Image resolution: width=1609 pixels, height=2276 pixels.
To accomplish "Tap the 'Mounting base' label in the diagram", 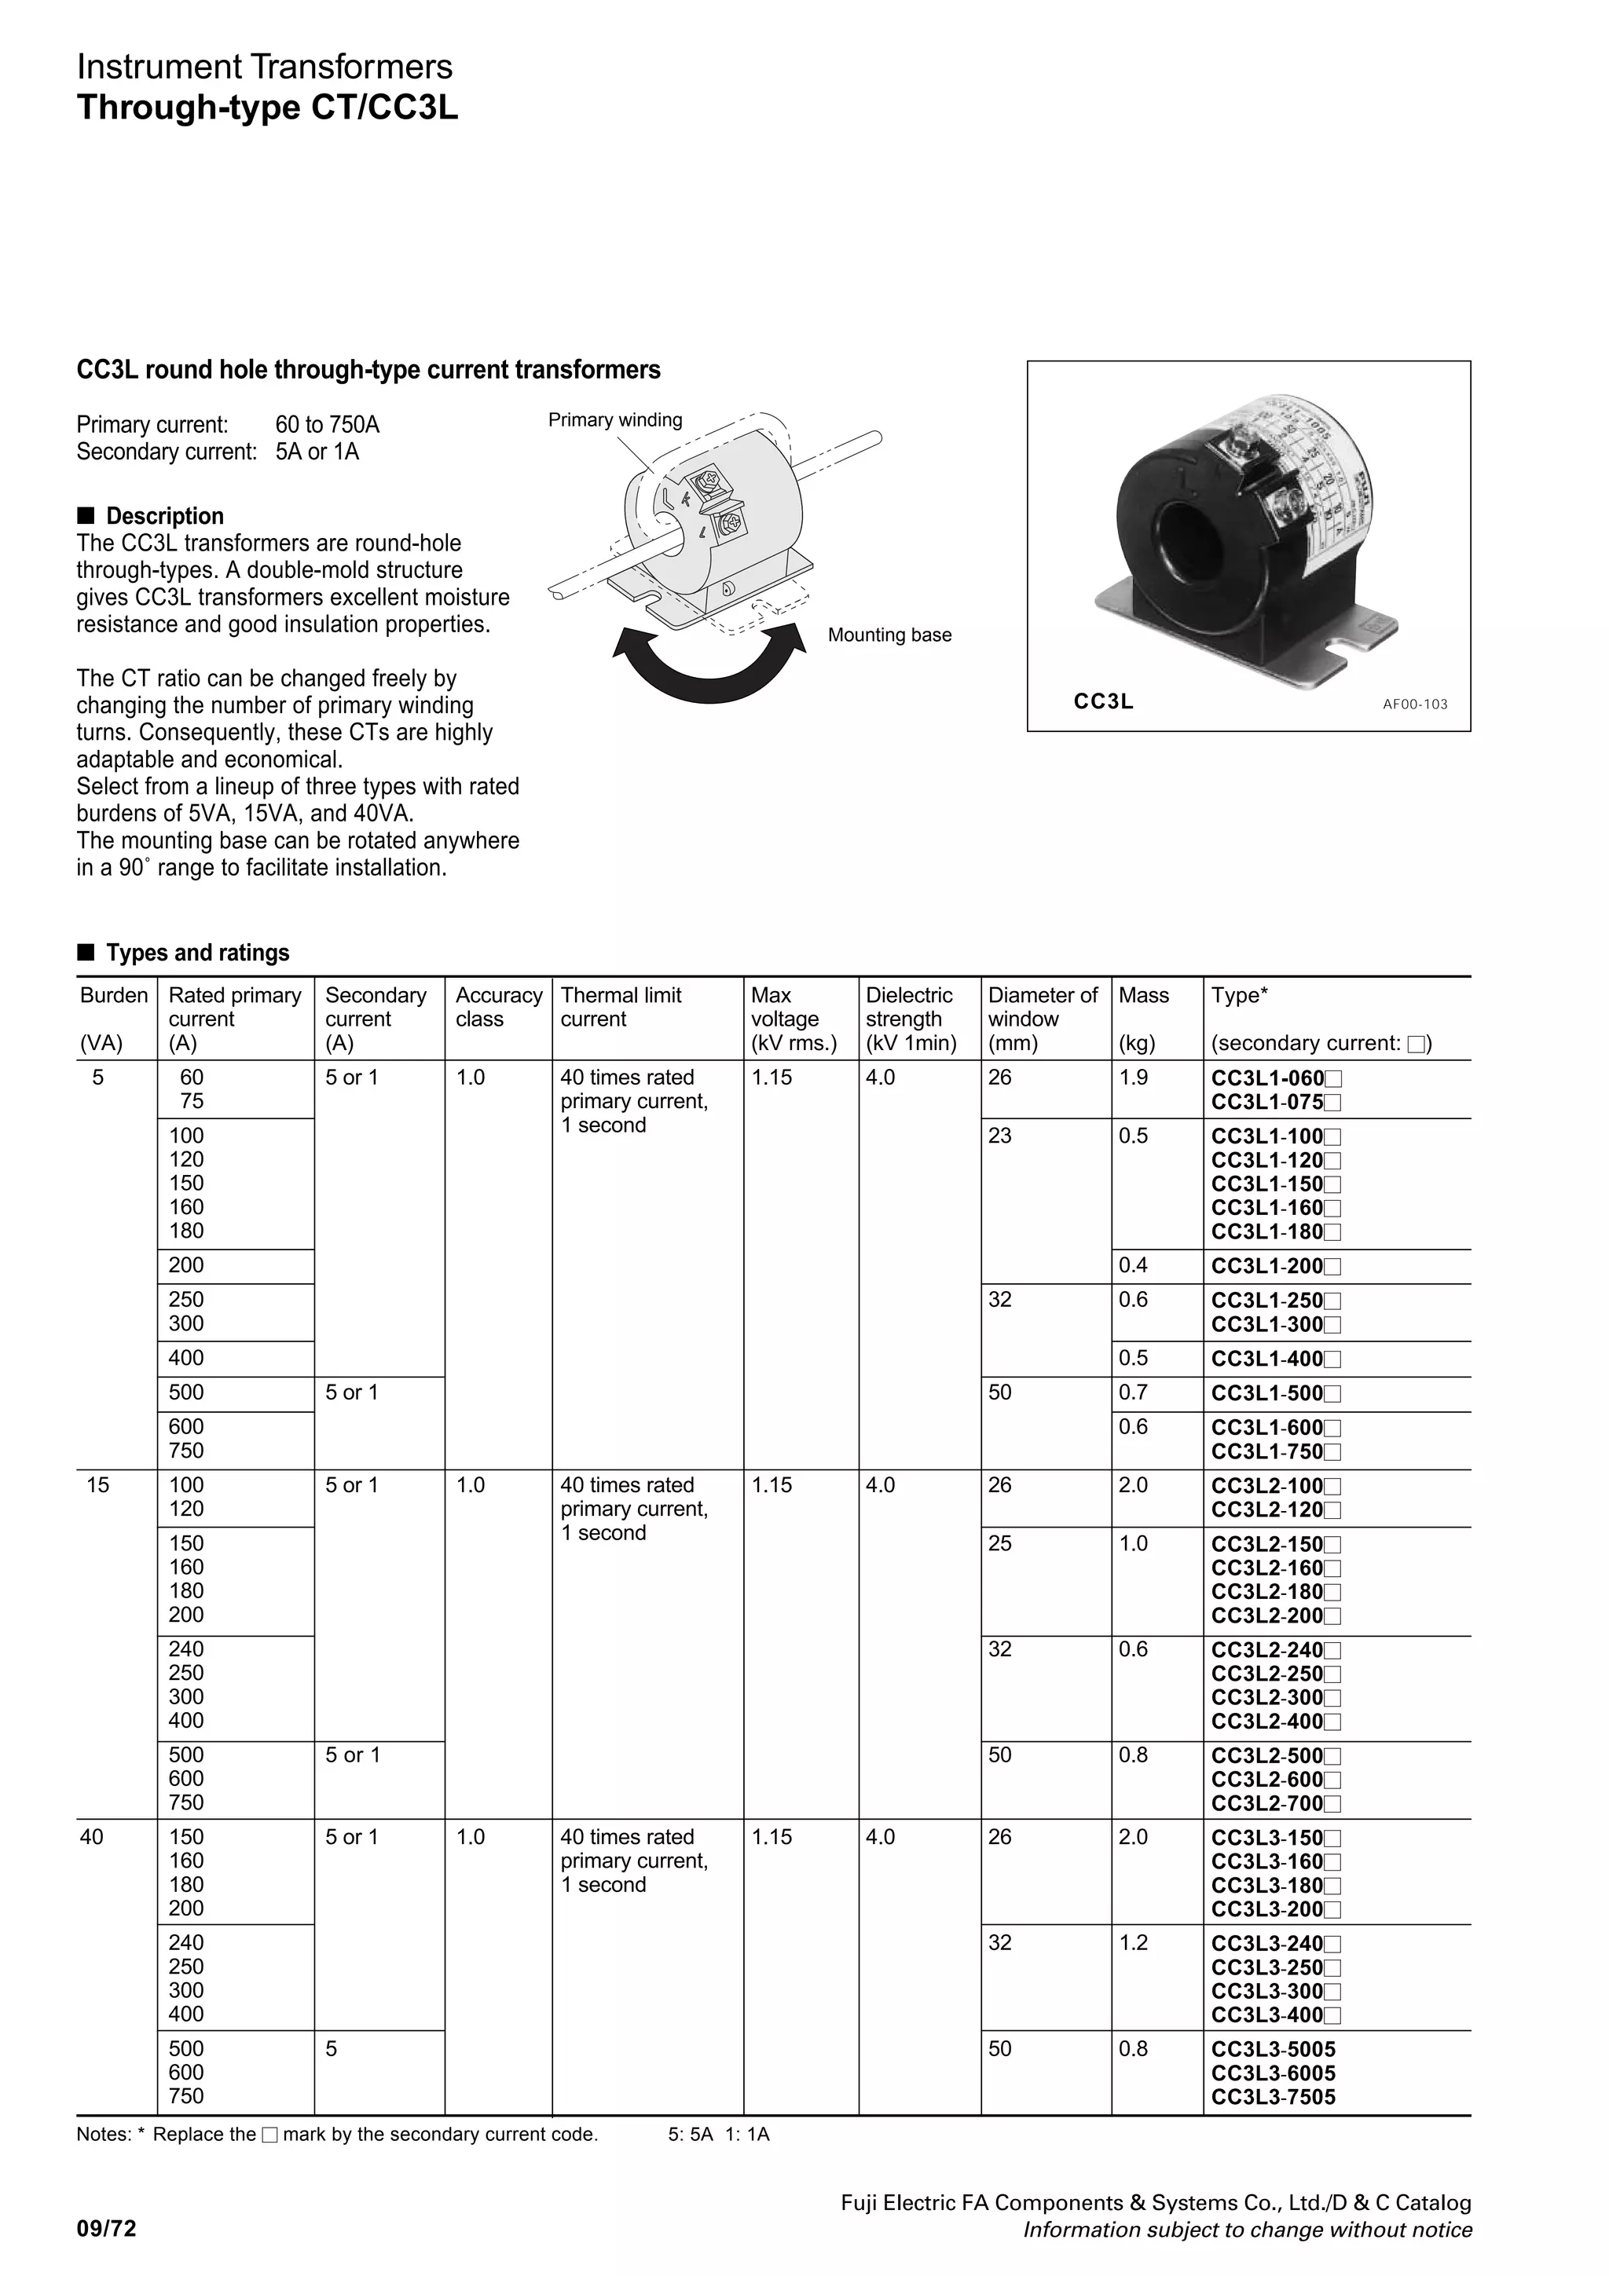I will [x=889, y=635].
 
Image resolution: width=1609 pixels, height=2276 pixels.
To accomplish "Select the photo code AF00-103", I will [x=1415, y=704].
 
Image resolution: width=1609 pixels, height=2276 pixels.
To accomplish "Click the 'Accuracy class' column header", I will [x=499, y=1007].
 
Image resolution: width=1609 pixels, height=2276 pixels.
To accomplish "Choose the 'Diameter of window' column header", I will [x=1043, y=1007].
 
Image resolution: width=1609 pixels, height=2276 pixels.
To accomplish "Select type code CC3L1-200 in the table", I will [x=1268, y=1266].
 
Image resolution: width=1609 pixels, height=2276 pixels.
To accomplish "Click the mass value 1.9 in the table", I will [x=1133, y=1078].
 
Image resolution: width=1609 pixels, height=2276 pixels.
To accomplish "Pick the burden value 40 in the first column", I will [x=91, y=1837].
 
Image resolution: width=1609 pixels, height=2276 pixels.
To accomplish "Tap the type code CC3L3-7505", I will [x=1273, y=2097].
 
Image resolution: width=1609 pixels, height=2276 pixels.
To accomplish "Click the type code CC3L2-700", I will [x=1268, y=1803].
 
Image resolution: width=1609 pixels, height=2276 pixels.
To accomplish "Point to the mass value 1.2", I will [x=1133, y=1942].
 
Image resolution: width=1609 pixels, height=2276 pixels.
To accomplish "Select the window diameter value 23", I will [x=999, y=1136].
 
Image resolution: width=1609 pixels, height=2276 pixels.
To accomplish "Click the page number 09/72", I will [x=107, y=2230].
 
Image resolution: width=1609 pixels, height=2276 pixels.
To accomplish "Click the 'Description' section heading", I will [x=164, y=517].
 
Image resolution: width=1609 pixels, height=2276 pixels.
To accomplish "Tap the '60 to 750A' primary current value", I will [x=327, y=425].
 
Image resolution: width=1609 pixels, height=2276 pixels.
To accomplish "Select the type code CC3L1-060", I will [x=1268, y=1078].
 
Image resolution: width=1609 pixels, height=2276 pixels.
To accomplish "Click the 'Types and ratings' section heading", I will [x=197, y=953].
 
